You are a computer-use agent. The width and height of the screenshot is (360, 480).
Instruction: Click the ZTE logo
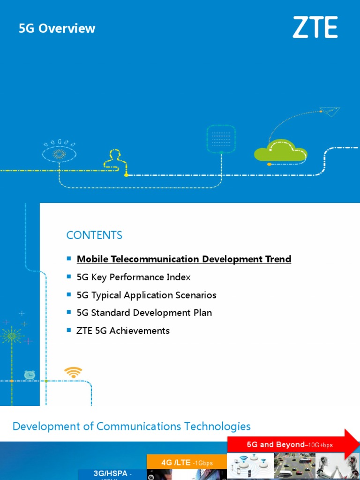tap(315, 27)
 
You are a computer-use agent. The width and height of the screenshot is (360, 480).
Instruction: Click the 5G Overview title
tap(57, 29)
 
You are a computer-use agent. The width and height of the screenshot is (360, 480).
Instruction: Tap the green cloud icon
tap(280, 150)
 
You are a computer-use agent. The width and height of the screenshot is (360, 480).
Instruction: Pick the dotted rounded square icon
tap(220, 138)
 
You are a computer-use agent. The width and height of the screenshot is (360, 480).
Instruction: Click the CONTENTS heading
tap(94, 235)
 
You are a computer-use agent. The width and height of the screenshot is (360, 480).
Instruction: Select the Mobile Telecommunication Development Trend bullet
tap(184, 259)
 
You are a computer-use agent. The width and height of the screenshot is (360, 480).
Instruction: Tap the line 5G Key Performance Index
tap(134, 277)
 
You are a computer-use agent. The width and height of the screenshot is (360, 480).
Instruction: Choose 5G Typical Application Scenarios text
tap(146, 295)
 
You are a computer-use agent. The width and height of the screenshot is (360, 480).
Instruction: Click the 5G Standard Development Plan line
tap(144, 313)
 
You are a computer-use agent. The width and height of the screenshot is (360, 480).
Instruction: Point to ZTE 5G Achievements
tap(123, 330)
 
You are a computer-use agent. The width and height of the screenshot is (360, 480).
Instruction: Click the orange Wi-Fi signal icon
tap(73, 373)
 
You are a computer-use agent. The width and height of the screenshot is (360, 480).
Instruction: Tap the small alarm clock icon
tap(30, 375)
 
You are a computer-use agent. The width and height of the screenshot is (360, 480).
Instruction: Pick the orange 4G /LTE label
tap(187, 462)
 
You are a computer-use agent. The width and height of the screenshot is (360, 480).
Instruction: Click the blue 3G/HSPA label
tap(112, 474)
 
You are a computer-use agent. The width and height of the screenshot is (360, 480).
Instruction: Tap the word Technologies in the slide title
tap(217, 426)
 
